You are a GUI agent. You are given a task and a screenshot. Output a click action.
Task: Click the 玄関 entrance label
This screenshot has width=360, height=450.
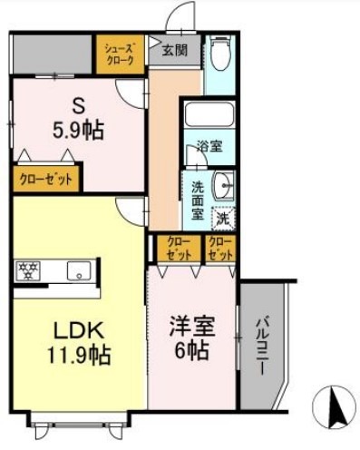click(176, 51)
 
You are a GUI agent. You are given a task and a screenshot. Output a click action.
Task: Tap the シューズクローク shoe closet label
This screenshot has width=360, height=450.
click(119, 54)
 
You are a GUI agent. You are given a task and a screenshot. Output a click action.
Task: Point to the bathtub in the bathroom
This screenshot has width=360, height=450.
click(208, 116)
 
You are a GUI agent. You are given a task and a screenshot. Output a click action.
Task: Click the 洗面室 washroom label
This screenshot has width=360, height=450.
click(198, 201)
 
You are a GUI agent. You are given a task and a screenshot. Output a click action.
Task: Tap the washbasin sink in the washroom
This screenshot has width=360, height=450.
click(223, 186)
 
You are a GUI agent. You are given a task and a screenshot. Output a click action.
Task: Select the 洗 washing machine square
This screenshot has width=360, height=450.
click(223, 218)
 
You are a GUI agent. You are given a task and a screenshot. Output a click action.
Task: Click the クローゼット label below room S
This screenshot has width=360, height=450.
click(45, 179)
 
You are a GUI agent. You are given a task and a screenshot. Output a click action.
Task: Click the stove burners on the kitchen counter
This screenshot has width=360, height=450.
click(29, 269)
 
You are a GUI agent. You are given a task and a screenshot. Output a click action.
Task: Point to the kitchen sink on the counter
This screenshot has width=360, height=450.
click(79, 269)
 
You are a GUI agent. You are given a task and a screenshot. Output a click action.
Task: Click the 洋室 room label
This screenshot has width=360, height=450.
click(190, 324)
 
